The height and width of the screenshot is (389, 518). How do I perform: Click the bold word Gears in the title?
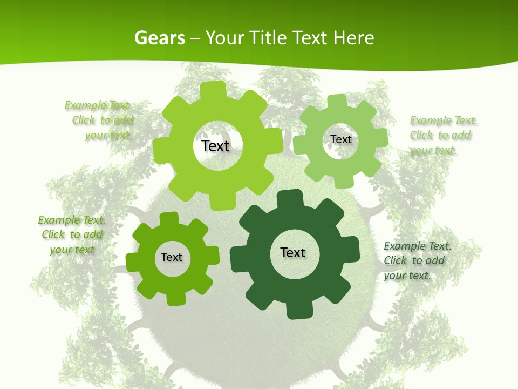pyautogui.click(x=159, y=38)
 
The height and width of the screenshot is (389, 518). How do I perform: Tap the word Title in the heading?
pyautogui.click(x=268, y=38)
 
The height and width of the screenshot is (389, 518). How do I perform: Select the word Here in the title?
pyautogui.click(x=353, y=38)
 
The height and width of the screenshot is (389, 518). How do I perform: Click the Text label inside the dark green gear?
pyautogui.click(x=293, y=252)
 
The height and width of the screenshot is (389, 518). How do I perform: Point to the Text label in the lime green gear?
pyautogui.click(x=215, y=146)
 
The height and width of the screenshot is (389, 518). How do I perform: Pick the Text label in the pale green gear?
pyautogui.click(x=340, y=139)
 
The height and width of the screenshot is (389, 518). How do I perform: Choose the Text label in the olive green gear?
pyautogui.click(x=172, y=257)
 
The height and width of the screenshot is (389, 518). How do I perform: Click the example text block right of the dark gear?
pyautogui.click(x=417, y=260)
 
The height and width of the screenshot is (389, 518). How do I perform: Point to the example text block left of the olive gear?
pyautogui.click(x=72, y=234)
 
